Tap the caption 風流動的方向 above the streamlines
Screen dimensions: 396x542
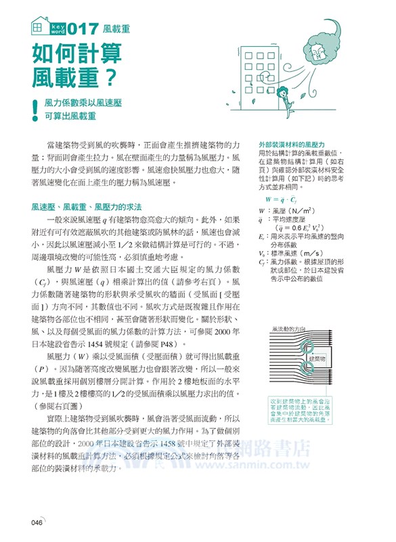[x=288, y=328]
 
